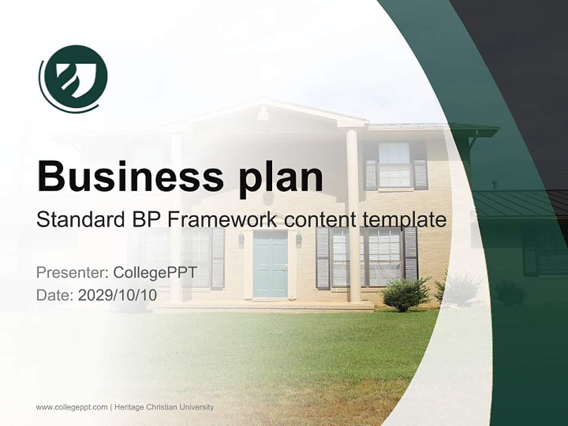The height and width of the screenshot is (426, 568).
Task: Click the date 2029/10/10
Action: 117,295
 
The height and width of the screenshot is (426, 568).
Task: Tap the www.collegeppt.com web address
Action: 72,407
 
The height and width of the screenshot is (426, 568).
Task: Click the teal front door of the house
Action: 270,264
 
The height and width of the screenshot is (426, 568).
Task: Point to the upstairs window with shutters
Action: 395,165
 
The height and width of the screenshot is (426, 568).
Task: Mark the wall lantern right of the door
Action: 299,239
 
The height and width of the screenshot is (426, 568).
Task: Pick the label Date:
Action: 55,295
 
